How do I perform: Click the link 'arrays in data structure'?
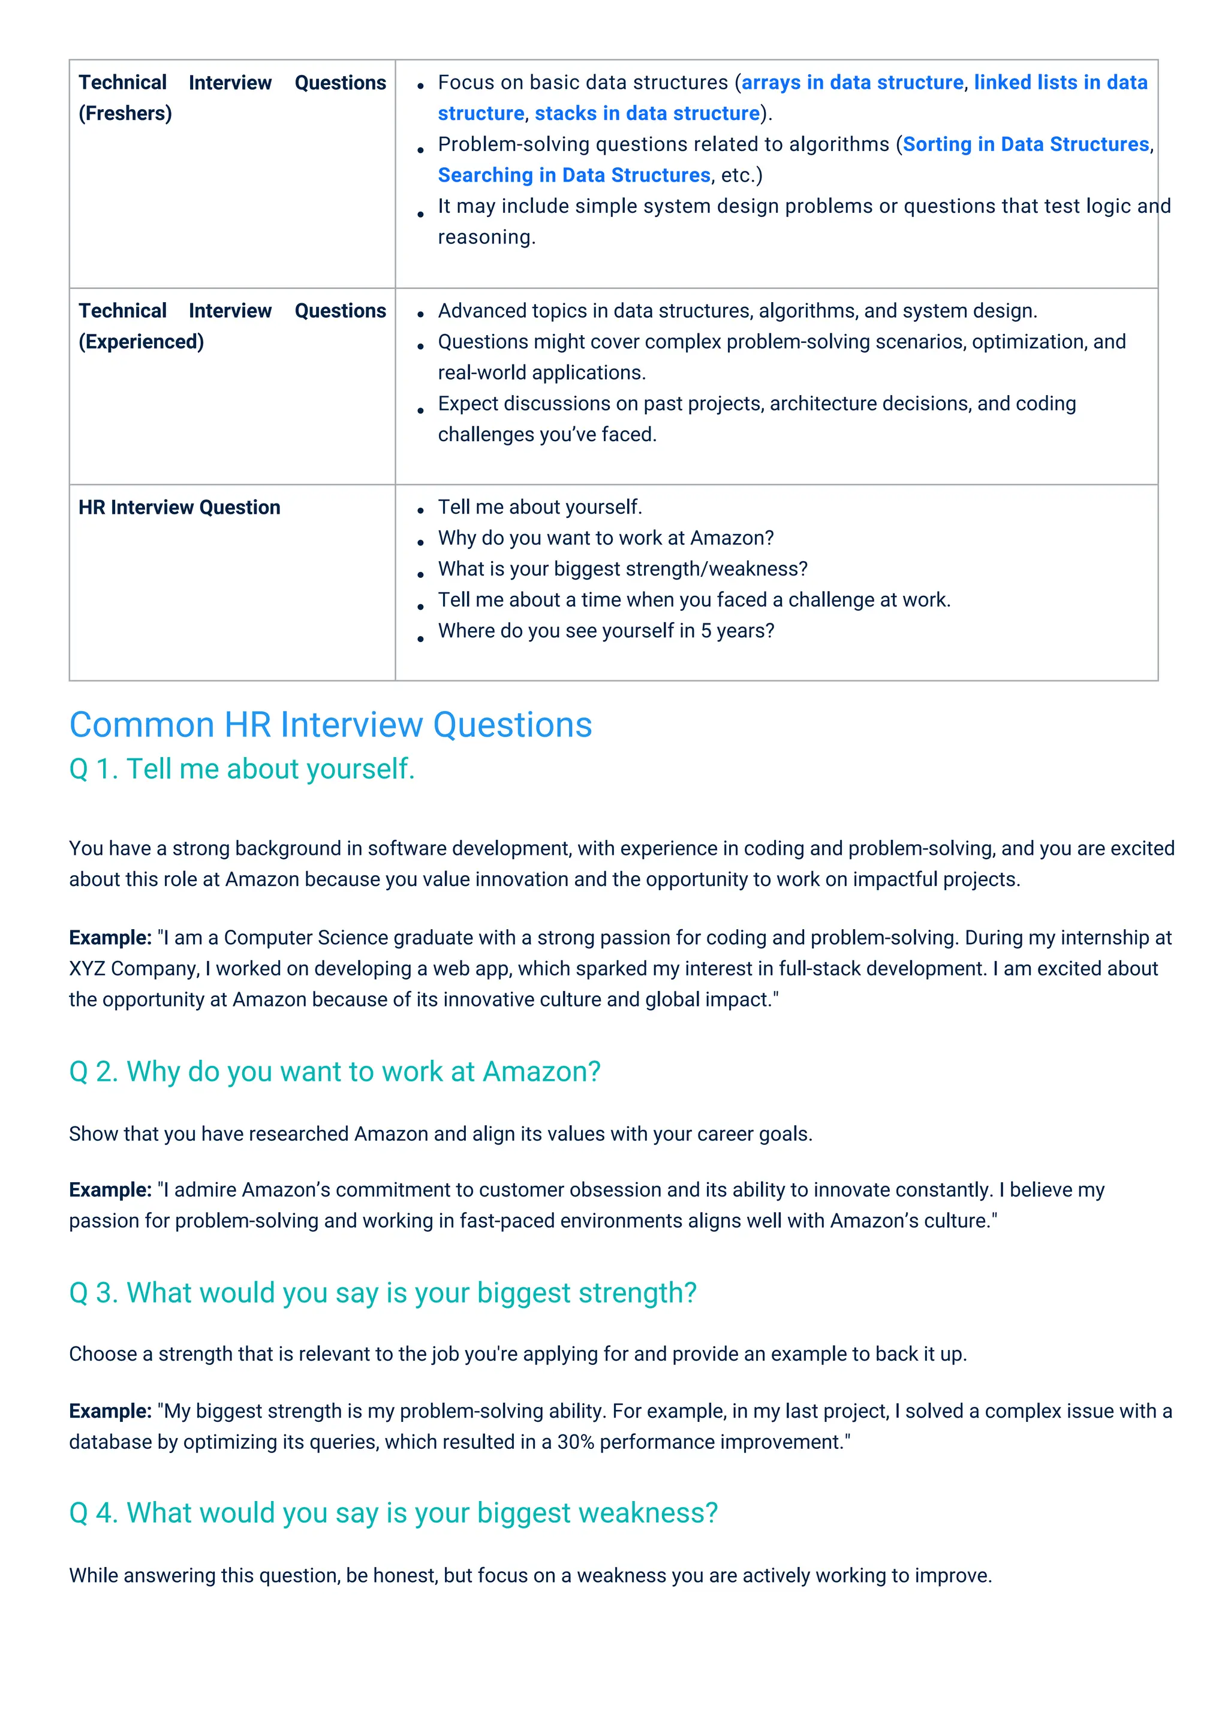[x=852, y=82]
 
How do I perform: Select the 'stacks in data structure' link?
[x=646, y=113]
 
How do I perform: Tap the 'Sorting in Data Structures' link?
[x=1025, y=144]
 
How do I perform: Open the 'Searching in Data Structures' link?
[x=574, y=176]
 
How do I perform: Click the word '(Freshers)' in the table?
[x=125, y=113]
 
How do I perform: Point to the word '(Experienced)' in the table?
[x=142, y=342]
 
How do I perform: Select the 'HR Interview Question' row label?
[x=179, y=507]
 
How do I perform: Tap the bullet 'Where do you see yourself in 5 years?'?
[x=606, y=631]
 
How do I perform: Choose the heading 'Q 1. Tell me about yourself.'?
[x=242, y=769]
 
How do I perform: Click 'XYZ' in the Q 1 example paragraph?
[x=87, y=969]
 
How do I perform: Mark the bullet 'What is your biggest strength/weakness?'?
[x=622, y=569]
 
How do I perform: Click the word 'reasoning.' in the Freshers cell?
[x=486, y=237]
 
